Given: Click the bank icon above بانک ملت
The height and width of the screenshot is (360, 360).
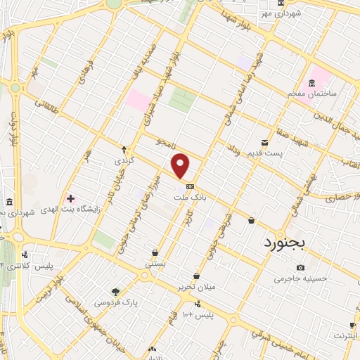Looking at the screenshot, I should point(191,187).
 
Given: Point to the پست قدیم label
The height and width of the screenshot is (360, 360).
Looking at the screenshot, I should point(269,153).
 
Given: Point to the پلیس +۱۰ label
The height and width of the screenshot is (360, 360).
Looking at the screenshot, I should point(198,314).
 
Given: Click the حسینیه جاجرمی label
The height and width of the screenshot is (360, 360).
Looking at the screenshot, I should point(302,278).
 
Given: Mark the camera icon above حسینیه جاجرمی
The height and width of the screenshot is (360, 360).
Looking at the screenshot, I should point(301,267).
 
